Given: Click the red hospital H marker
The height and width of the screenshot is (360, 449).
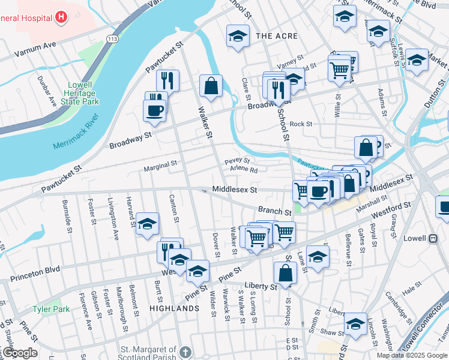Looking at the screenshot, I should (61, 17).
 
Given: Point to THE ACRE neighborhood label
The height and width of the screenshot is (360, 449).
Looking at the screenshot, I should (277, 37).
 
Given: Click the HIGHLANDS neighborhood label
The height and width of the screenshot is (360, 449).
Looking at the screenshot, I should (175, 308).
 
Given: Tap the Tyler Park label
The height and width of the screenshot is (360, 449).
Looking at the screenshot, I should (51, 310).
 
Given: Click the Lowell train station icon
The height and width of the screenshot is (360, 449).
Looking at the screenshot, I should (432, 238).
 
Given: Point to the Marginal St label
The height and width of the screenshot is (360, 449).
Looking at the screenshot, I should (160, 163).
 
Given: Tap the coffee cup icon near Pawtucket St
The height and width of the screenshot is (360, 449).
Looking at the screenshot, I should (154, 110).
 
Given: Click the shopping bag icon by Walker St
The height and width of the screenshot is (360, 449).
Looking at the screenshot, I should (211, 86).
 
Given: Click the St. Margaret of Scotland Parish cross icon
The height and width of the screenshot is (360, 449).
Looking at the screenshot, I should (186, 352).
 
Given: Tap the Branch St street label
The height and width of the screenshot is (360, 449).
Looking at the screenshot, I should (275, 211).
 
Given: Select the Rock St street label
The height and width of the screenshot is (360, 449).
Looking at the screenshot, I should (301, 124).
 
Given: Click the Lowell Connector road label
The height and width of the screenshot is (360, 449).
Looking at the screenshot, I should (420, 329).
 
